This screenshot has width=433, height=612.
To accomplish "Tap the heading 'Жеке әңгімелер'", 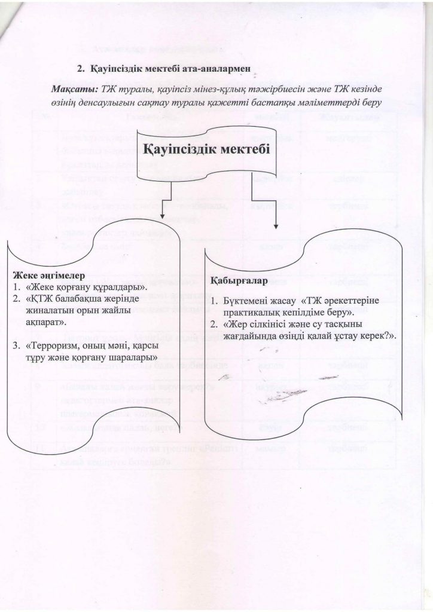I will click(x=48, y=276).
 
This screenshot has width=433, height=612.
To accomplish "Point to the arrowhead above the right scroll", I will click(x=276, y=227).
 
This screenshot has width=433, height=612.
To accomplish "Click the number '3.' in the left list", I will click(x=17, y=347).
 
